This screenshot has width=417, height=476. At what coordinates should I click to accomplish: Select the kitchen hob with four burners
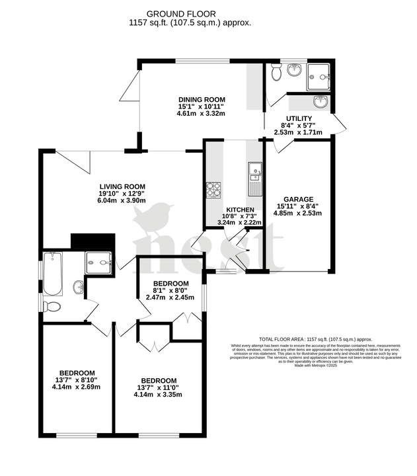click(213, 190)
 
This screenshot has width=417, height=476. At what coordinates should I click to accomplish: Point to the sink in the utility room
click(320, 102)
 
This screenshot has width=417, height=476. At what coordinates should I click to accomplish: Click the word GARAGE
click(298, 198)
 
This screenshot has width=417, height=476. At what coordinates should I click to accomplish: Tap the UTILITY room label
click(299, 118)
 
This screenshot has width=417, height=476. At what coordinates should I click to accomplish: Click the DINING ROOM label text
click(201, 99)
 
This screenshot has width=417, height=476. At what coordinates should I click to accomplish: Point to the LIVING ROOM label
click(122, 186)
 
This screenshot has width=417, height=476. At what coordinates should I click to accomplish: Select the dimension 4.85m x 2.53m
click(298, 214)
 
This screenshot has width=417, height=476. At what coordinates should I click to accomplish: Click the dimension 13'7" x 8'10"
click(76, 379)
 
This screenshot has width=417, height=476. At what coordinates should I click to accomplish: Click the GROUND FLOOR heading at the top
click(180, 13)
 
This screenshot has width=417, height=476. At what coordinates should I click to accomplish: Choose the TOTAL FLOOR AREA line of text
click(316, 337)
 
